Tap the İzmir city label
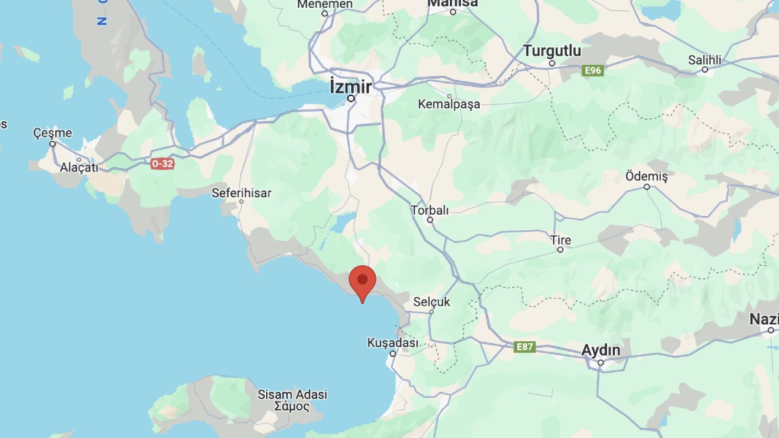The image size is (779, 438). pyautogui.click(x=351, y=86)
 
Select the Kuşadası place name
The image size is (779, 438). pyautogui.click(x=393, y=342)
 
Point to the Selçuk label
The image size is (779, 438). pyautogui.click(x=432, y=302)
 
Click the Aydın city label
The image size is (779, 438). pyautogui.click(x=600, y=350)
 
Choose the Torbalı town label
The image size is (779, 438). pyautogui.click(x=430, y=210)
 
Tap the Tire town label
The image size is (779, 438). pyautogui.click(x=560, y=240)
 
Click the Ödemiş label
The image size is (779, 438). pyautogui.click(x=646, y=176)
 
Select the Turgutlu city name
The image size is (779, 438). pyautogui.click(x=552, y=51)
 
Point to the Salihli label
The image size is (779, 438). pyautogui.click(x=704, y=60)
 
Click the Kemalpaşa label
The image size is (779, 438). pyautogui.click(x=449, y=104)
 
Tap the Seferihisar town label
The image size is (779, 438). pyautogui.click(x=241, y=193)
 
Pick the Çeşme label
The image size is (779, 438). pyautogui.click(x=53, y=133)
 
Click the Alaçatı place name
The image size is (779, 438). pyautogui.click(x=79, y=167)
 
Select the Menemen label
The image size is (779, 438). pyautogui.click(x=325, y=5)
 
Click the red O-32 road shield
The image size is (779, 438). pyautogui.click(x=162, y=164)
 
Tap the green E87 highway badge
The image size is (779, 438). pyautogui.click(x=525, y=347)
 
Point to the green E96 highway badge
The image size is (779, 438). pyautogui.click(x=593, y=70)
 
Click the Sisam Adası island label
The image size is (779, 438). pyautogui.click(x=292, y=395)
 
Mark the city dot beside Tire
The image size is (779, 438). pyautogui.click(x=560, y=250)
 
